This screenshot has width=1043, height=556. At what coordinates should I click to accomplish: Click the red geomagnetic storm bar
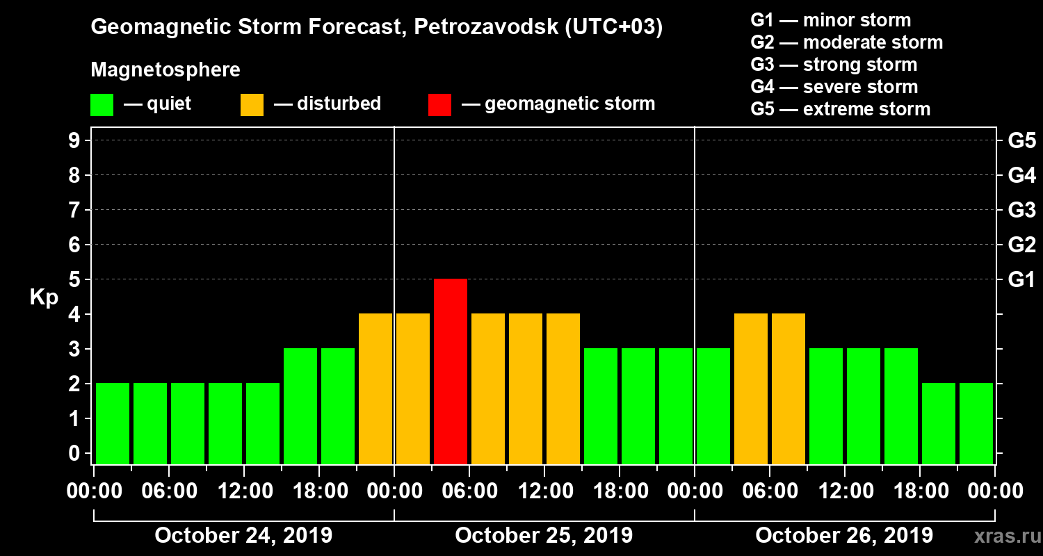tap(451, 371)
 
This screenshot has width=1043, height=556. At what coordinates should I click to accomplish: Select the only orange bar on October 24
tap(375, 389)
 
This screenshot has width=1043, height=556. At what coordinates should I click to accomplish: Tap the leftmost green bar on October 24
tap(113, 423)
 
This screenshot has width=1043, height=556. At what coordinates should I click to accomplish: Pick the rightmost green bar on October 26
tap(976, 423)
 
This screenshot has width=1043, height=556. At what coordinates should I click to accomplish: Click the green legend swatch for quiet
tap(102, 104)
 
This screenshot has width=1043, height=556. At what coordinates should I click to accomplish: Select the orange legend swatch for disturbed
tap(252, 104)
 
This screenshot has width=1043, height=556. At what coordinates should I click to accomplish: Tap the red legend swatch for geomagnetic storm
tap(439, 104)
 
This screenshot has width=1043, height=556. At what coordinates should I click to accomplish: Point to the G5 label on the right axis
tap(1021, 140)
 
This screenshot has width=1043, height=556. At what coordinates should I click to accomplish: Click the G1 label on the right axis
tap(1021, 279)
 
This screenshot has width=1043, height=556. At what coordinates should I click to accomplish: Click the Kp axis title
tap(44, 297)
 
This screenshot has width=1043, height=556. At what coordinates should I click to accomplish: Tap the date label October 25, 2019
tap(544, 535)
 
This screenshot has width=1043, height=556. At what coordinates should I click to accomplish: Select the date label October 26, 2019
tap(844, 535)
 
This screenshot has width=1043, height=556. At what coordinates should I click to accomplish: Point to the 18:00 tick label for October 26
tap(919, 491)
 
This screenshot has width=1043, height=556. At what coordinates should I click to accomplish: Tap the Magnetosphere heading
tap(165, 70)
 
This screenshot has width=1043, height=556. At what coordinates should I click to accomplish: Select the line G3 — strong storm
tap(834, 65)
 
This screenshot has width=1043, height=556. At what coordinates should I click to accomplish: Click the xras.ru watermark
tap(1003, 536)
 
